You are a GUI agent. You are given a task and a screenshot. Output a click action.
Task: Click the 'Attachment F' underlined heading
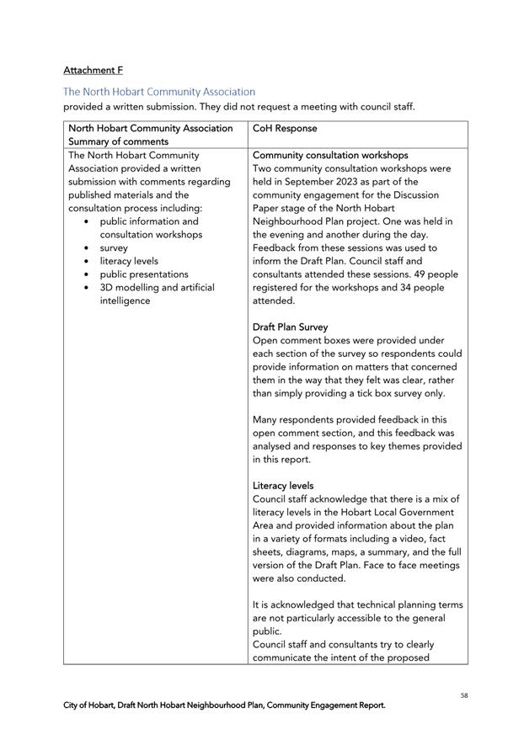pyautogui.click(x=93, y=70)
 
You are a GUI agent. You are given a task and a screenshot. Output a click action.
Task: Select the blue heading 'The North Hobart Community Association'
pyautogui.click(x=159, y=91)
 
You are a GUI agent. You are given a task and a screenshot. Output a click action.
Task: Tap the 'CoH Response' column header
pyautogui.click(x=286, y=129)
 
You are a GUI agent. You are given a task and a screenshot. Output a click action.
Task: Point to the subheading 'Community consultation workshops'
pyautogui.click(x=330, y=156)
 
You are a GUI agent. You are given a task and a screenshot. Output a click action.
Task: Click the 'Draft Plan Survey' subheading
pyautogui.click(x=290, y=327)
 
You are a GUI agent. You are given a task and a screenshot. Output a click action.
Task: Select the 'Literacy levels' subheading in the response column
pyautogui.click(x=283, y=486)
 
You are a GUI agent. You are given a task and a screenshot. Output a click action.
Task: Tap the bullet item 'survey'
pyautogui.click(x=114, y=248)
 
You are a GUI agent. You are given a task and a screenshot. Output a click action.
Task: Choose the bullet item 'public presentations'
pyautogui.click(x=144, y=274)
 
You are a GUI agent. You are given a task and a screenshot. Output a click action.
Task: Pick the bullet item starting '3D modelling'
pyautogui.click(x=157, y=288)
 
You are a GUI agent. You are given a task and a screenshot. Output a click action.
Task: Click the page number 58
pyautogui.click(x=463, y=695)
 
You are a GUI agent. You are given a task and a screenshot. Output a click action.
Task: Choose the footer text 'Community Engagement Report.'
pyautogui.click(x=326, y=705)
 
